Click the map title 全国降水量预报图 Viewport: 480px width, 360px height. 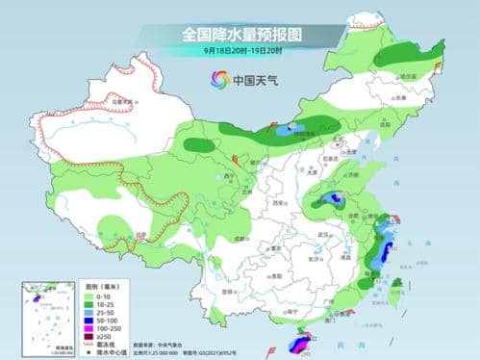(240, 33)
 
